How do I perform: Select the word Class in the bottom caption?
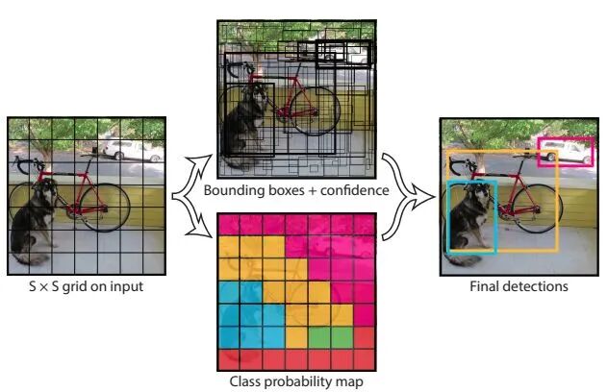tap(247, 383)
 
